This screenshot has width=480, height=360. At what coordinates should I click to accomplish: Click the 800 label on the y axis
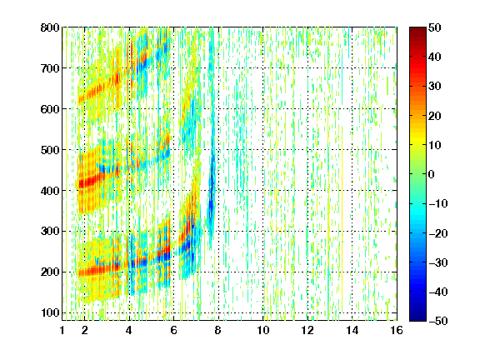click(50, 27)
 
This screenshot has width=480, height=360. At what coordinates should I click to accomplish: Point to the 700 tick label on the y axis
click(50, 68)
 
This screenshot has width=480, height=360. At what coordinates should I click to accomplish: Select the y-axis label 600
click(50, 109)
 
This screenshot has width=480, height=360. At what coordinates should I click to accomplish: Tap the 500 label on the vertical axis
click(50, 150)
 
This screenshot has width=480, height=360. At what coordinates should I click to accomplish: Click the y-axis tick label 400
click(50, 191)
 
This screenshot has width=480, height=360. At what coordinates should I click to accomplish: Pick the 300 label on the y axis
click(50, 232)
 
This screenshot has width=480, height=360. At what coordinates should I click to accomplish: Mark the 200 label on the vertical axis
click(50, 272)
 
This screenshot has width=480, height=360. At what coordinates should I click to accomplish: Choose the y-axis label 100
click(50, 312)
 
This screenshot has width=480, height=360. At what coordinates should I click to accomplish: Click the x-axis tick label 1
click(62, 330)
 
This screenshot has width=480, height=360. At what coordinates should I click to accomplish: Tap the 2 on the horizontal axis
click(85, 330)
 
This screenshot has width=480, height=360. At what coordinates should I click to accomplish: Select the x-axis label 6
click(173, 330)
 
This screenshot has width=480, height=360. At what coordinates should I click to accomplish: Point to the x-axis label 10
click(263, 330)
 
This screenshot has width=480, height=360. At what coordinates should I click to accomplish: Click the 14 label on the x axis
click(352, 330)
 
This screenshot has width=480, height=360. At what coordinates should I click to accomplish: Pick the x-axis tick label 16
click(397, 330)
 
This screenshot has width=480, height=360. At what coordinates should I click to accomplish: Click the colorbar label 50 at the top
click(434, 27)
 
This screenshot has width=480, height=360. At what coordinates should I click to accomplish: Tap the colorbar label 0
click(432, 174)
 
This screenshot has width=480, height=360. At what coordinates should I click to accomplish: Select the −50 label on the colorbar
click(437, 321)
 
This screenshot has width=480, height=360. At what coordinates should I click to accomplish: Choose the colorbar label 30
click(434, 87)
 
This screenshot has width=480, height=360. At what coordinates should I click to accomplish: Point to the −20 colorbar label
click(437, 233)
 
